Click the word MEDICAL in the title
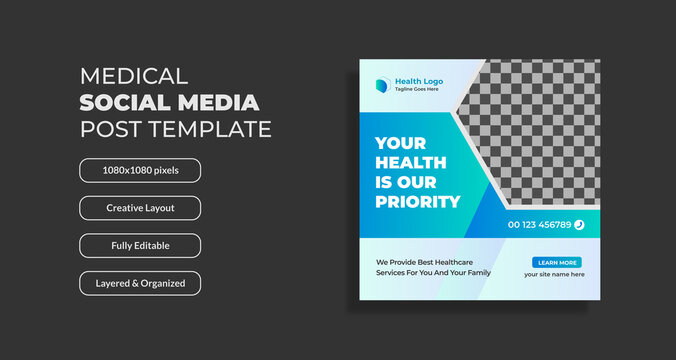point(132,76)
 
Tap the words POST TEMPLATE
point(175,129)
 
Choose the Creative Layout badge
point(140,208)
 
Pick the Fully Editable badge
point(140,246)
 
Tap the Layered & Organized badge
point(140,283)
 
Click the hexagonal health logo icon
point(385,85)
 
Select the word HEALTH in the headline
point(410,163)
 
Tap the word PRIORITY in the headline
point(418,202)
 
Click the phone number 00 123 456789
point(539,225)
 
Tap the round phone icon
point(579,225)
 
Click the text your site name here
point(555,274)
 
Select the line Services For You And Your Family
point(433,273)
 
